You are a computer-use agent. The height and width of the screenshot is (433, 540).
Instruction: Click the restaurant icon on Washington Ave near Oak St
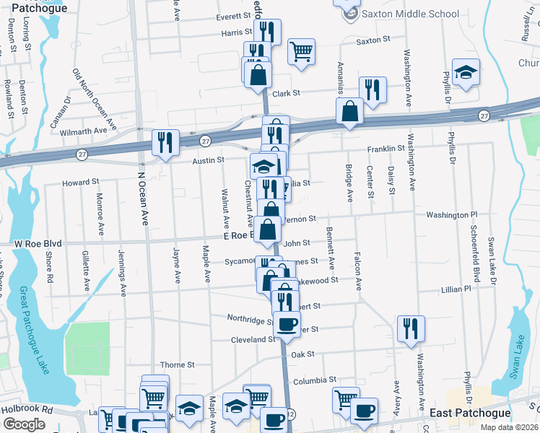click(x=411, y=328)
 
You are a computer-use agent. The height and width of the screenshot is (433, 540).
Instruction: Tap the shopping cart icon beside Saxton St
click(x=301, y=51)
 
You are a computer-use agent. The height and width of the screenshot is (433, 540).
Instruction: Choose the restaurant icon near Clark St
click(x=373, y=89)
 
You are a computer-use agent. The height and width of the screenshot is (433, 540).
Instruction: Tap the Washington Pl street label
click(x=452, y=215)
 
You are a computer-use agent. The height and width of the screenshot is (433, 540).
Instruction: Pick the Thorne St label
click(x=173, y=365)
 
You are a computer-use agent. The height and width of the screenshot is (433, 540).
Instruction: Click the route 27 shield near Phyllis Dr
click(x=484, y=115)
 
